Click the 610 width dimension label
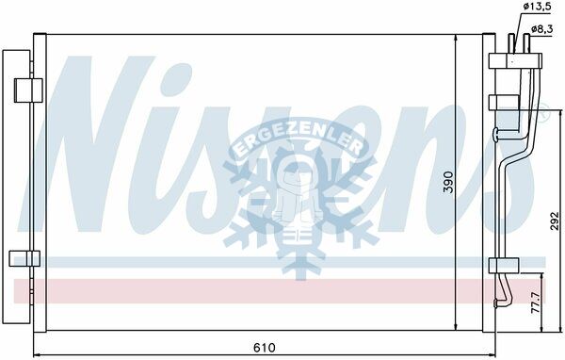pos(264,348)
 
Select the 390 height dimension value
pos(448,182)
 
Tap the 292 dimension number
pos(556,221)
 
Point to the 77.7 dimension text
pos(536,303)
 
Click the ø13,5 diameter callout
pos(537,7)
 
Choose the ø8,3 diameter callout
pos(542,29)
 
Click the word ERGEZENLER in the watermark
pos(299,139)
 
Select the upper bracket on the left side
pos(28,90)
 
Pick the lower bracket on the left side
pos(24,258)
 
